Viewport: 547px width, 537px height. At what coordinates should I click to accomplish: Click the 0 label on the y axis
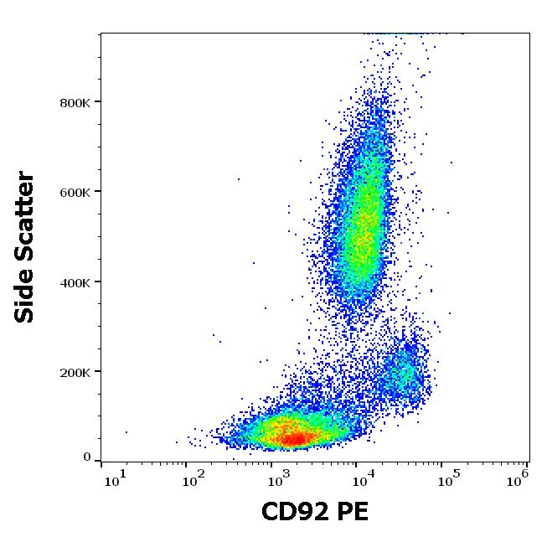(87, 457)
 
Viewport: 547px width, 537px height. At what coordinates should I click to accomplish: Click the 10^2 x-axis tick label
(196, 479)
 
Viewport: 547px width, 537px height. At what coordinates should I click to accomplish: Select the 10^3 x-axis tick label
(278, 479)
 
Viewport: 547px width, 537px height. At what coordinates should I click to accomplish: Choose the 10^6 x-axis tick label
(517, 479)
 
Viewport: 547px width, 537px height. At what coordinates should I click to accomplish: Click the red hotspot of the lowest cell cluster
(293, 437)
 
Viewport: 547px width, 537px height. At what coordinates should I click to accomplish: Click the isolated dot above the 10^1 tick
(126, 432)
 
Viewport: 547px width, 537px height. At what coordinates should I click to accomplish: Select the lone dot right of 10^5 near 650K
(452, 163)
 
